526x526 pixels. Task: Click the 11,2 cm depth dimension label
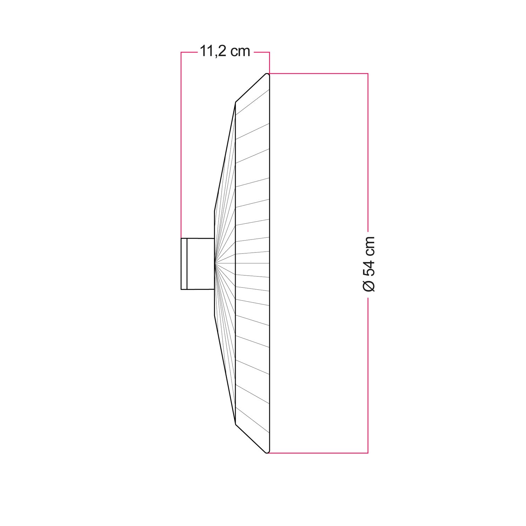tap(225, 52)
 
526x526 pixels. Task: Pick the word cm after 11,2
tap(240, 52)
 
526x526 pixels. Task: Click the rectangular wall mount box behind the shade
tap(200, 264)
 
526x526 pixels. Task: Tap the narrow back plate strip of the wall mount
tap(184, 264)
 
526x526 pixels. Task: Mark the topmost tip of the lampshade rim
tap(267, 74)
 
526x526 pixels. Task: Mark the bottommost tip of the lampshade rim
tap(267, 453)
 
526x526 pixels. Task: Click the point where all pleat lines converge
tap(215, 263)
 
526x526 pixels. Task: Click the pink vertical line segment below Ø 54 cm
tap(368, 375)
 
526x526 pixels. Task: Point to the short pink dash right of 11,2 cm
tap(261, 52)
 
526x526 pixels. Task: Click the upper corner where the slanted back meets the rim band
tap(235, 102)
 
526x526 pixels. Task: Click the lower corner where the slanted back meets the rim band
tap(235, 424)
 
